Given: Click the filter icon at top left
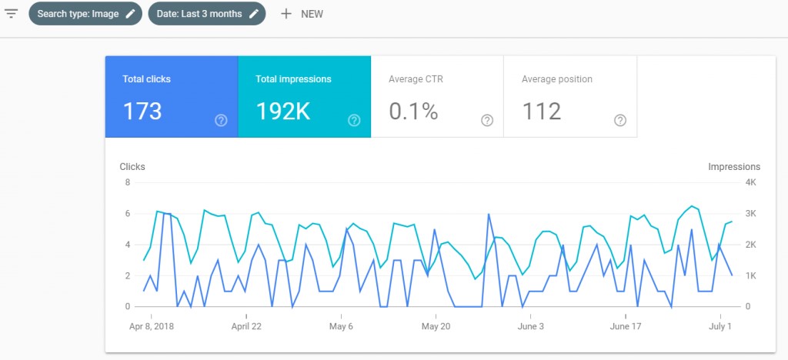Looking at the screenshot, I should click(11, 14).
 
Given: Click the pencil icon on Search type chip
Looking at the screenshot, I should click(130, 14).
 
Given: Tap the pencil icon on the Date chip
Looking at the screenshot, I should click(253, 14).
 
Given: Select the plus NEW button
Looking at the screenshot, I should click(302, 14).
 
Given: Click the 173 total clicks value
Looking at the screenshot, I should click(142, 112).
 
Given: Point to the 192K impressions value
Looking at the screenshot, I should click(282, 112).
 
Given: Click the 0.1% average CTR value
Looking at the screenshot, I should click(413, 112).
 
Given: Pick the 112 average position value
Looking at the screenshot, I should click(542, 112).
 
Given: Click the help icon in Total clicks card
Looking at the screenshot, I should click(221, 120).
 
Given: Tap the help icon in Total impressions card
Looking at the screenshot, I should click(354, 120).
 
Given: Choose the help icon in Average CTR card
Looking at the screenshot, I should click(487, 120).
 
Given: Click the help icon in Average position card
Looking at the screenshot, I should click(620, 120).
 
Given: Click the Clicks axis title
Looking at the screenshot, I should click(132, 166).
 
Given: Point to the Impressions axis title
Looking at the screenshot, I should click(733, 166).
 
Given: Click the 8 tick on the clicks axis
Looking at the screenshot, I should click(127, 182).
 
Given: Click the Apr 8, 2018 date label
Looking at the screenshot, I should click(151, 326).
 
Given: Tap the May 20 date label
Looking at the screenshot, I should click(435, 326).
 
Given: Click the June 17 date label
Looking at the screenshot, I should click(625, 326).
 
